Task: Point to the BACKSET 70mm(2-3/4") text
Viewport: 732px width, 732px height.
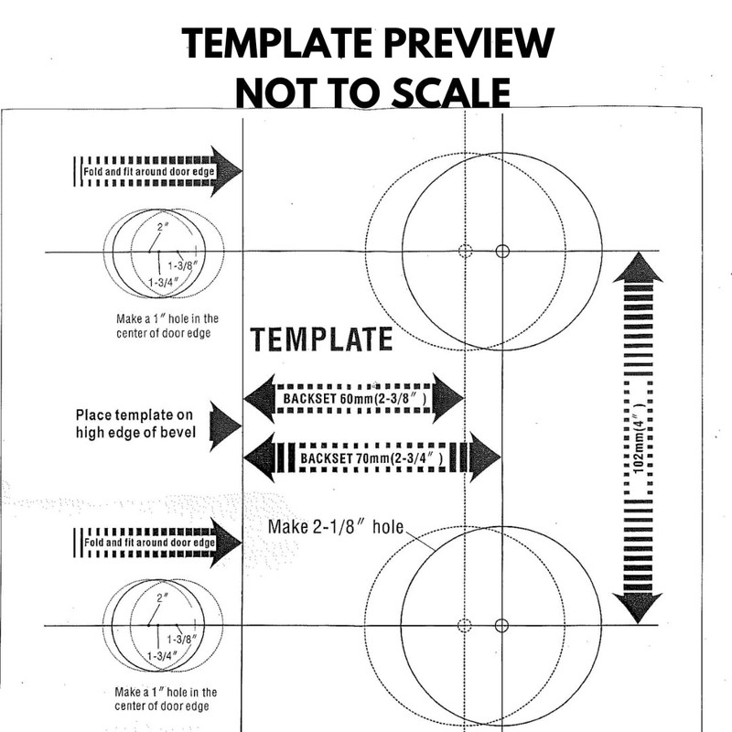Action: [372, 456]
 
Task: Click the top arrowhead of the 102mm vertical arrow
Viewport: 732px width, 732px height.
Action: [638, 268]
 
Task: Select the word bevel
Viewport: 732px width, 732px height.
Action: [176, 433]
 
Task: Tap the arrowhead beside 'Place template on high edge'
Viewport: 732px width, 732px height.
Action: [224, 425]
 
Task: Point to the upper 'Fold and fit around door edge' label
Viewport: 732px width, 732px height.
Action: [144, 171]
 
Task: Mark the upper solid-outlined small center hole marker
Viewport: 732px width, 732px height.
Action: [501, 252]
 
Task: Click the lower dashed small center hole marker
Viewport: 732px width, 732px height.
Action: [464, 625]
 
